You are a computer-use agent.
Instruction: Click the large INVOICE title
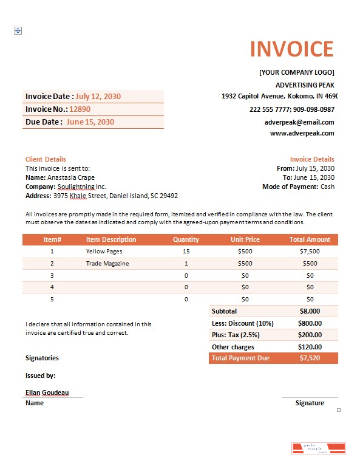[x=291, y=49]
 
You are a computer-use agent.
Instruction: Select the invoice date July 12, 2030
[x=98, y=97]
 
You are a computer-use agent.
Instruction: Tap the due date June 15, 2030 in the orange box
[x=90, y=122]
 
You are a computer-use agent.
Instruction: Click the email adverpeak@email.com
[x=299, y=122]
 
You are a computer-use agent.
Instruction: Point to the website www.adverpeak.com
[x=302, y=133]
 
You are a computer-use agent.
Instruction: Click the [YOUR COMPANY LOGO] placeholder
[x=296, y=72]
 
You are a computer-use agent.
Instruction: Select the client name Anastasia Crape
[x=71, y=177]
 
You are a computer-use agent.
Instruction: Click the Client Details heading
[x=46, y=159]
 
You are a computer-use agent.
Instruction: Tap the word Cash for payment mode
[x=327, y=187]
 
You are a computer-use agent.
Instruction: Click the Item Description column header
[x=111, y=239]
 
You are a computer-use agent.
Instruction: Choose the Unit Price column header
[x=245, y=239]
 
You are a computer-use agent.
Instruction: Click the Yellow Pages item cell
[x=104, y=251]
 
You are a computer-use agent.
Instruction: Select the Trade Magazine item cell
[x=107, y=264]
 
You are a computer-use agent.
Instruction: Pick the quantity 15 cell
[x=186, y=251]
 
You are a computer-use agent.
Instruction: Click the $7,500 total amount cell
[x=310, y=251]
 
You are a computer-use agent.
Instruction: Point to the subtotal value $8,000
[x=310, y=311]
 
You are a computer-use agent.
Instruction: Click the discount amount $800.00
[x=310, y=323]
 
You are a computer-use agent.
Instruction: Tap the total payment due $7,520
[x=310, y=358]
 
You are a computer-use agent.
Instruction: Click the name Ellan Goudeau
[x=47, y=393]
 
